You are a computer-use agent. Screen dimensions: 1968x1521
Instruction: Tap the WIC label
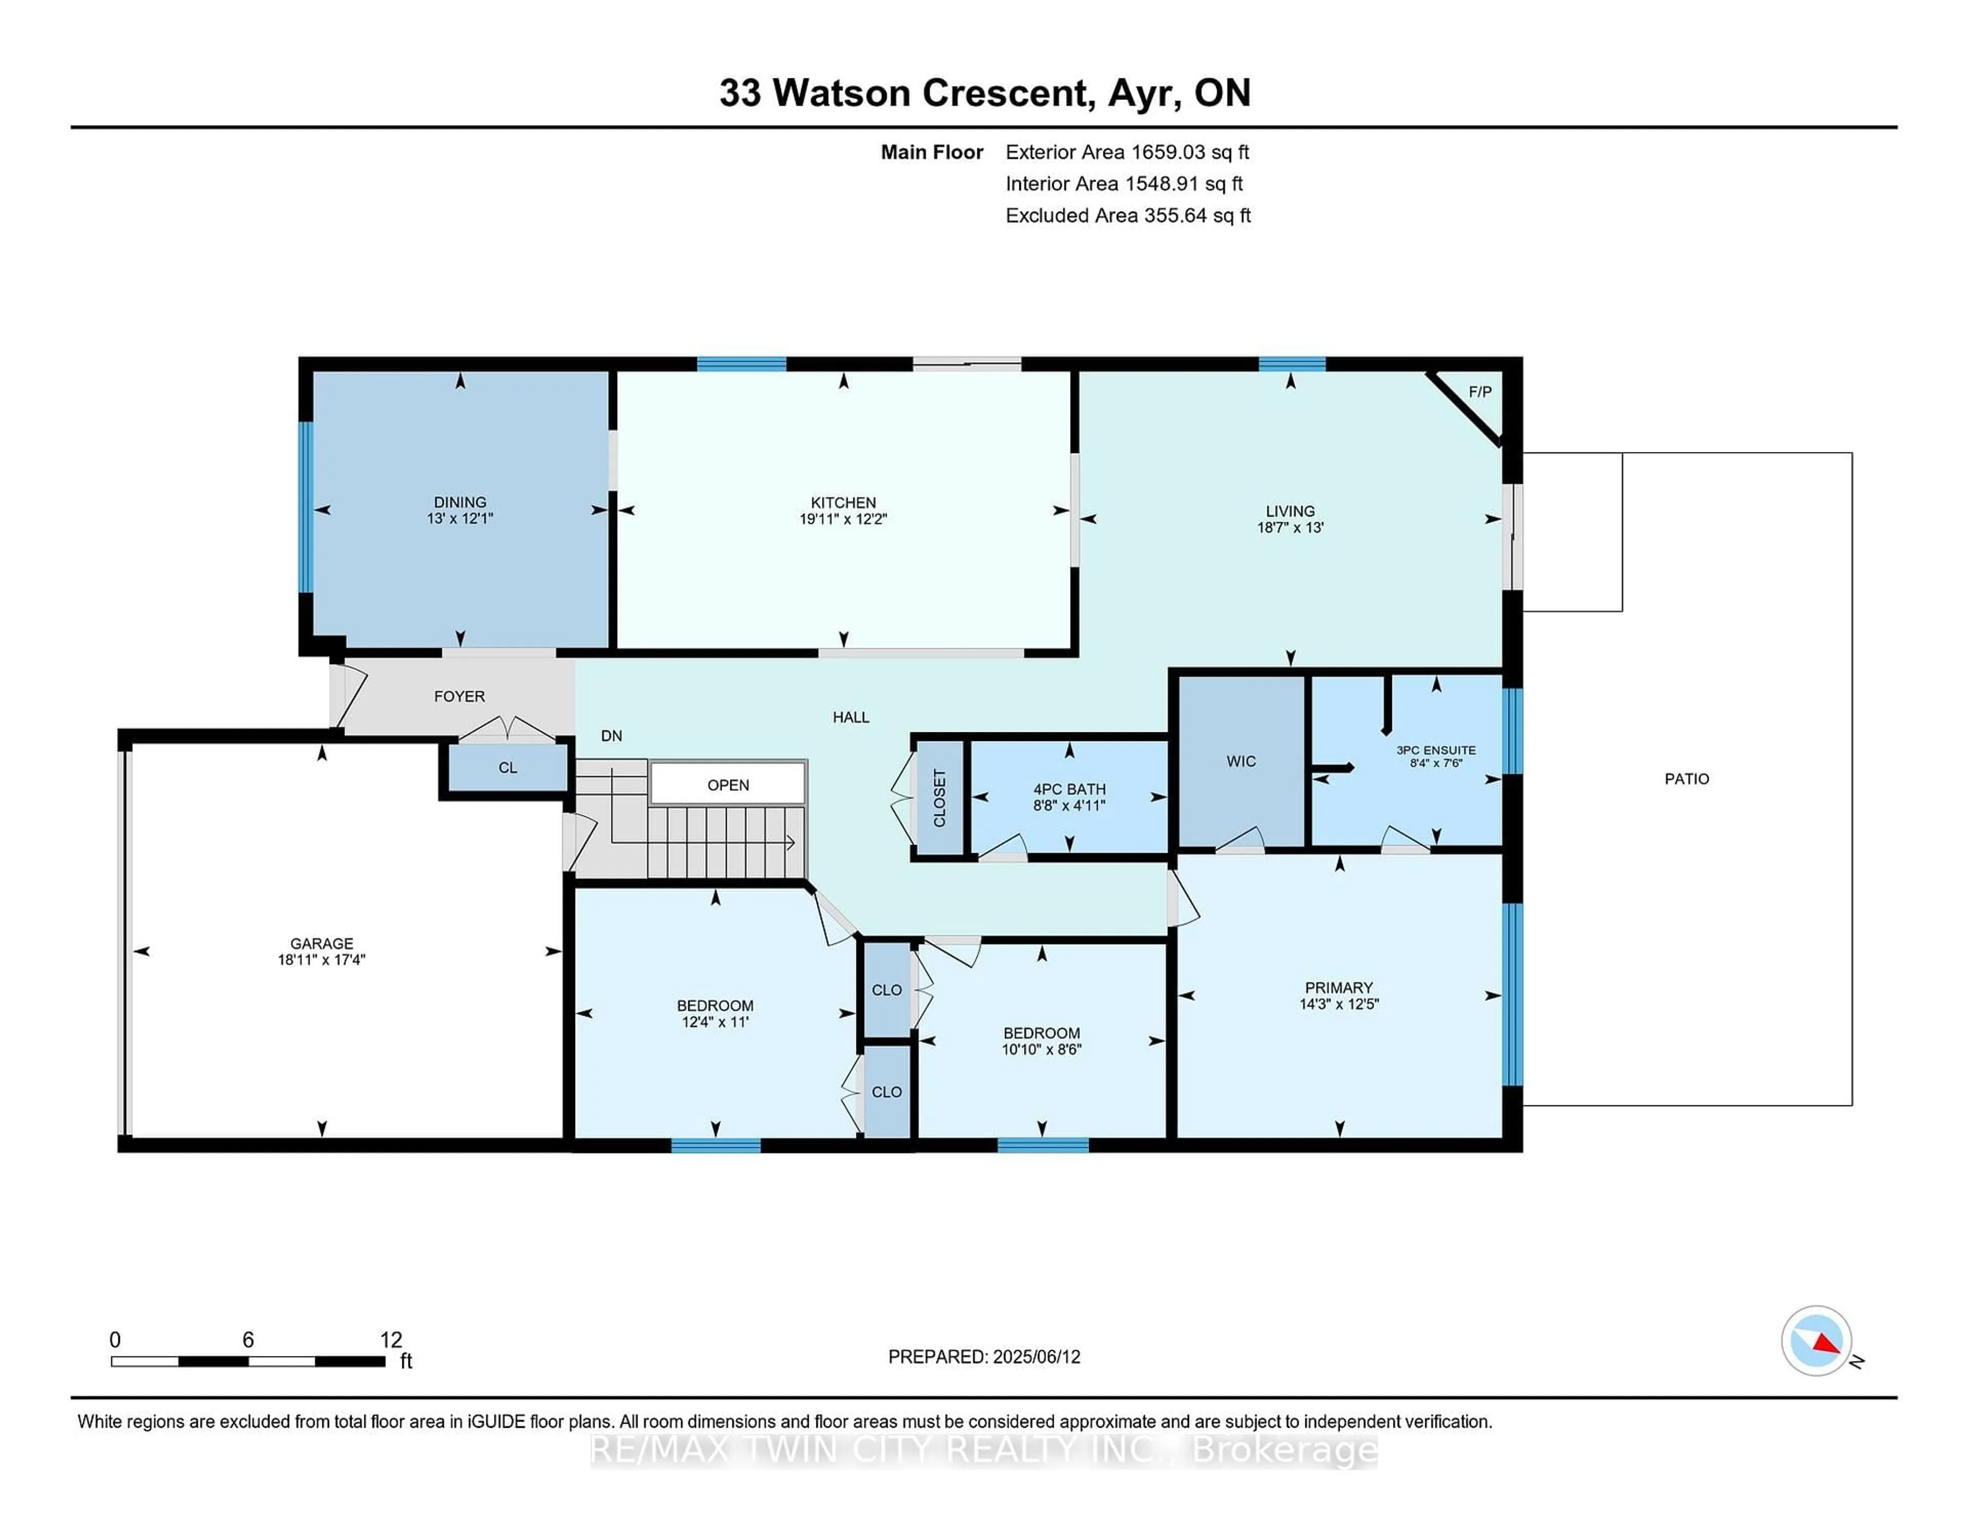[x=1241, y=762]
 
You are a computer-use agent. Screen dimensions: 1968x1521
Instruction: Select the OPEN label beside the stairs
[x=728, y=785]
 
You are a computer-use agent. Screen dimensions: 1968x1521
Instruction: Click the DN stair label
[x=612, y=735]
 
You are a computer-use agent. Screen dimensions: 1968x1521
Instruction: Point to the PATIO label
[x=1687, y=778]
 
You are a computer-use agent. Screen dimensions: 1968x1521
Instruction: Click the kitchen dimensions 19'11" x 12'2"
[x=844, y=519]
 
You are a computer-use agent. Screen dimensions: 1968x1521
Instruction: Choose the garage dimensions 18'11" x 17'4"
[x=322, y=960]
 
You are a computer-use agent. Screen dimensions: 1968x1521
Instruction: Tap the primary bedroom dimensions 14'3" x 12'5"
[x=1339, y=1004]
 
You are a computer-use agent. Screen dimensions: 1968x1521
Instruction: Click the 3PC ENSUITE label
[x=1437, y=750]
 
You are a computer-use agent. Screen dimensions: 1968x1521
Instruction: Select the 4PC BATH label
[x=1070, y=789]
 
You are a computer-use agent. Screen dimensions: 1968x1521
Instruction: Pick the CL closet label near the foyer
[x=508, y=768]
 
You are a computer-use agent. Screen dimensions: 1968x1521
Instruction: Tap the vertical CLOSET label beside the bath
[x=940, y=797]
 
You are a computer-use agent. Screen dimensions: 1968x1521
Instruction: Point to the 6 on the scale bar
[x=248, y=1340]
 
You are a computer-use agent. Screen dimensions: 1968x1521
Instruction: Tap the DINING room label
[x=460, y=502]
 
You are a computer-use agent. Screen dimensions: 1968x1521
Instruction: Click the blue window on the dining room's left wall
[x=306, y=507]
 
